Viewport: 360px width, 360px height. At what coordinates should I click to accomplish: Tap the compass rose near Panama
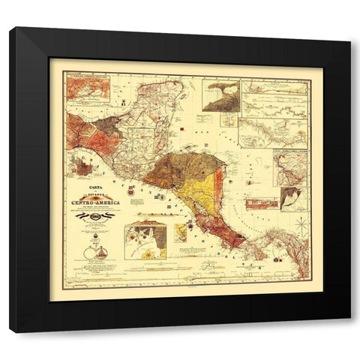pyautogui.click(x=300, y=223)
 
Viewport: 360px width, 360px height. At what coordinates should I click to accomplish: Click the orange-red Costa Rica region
pyautogui.click(x=226, y=235)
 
